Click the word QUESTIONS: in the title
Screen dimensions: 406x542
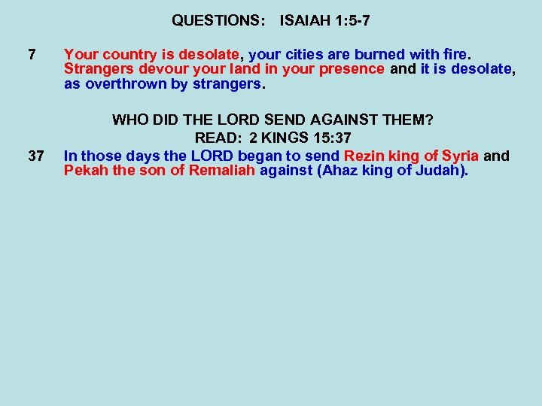tap(218, 21)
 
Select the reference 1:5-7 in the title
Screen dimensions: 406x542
tap(351, 21)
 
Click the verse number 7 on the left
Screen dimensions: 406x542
tap(31, 55)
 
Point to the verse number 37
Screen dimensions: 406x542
tap(35, 156)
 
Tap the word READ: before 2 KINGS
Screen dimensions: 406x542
tap(218, 138)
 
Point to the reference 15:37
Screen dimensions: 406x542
tap(331, 138)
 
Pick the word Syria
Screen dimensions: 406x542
tap(460, 156)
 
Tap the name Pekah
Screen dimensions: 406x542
tap(84, 171)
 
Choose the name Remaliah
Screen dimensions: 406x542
tap(224, 171)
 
